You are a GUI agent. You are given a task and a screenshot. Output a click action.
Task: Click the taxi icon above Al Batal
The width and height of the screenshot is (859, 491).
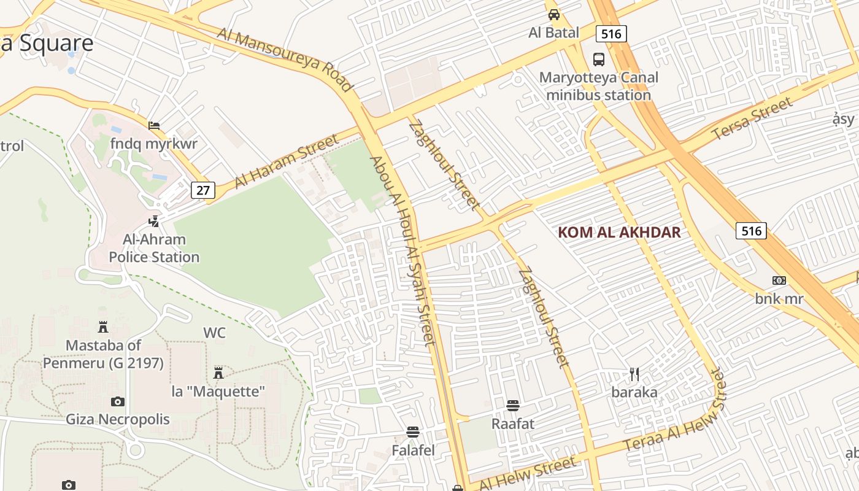point(554,14)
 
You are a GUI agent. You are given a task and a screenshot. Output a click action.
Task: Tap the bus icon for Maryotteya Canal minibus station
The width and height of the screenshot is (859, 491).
point(598,60)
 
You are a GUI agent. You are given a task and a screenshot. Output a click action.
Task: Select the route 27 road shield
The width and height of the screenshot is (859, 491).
point(203,190)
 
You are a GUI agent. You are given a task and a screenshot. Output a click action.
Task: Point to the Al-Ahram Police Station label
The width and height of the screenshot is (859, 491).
point(154,248)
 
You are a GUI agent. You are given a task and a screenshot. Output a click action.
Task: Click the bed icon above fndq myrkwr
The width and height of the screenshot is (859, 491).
point(154,126)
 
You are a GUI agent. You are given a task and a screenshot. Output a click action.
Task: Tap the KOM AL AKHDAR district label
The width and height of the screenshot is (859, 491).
point(619,233)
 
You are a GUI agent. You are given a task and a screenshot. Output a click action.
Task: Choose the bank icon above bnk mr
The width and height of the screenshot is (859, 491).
point(779,280)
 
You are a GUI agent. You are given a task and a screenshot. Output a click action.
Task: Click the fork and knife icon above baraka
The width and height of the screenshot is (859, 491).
point(634,374)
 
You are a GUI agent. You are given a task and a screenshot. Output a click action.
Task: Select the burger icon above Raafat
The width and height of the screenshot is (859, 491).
point(513,406)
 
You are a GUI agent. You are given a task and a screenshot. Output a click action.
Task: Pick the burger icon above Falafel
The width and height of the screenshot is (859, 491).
point(413,432)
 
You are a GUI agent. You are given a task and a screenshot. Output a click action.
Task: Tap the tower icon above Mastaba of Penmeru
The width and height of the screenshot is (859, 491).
point(103,327)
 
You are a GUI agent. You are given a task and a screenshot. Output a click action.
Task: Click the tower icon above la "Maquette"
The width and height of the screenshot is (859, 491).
point(218,373)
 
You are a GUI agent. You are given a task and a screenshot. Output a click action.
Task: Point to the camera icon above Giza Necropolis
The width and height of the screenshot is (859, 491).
point(118,402)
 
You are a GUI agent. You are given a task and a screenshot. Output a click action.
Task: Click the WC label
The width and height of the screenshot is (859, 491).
point(215,333)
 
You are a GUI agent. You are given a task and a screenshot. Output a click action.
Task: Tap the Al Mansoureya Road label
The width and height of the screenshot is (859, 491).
point(285,59)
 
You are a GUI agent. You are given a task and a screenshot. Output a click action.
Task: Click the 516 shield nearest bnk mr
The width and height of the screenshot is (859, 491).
point(751,231)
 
